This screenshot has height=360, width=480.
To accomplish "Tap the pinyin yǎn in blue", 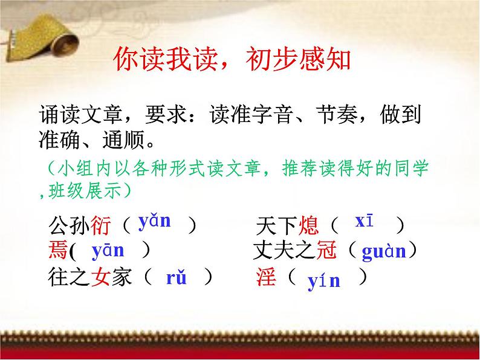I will [x=154, y=221].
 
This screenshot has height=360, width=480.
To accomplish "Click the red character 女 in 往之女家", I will [x=100, y=277].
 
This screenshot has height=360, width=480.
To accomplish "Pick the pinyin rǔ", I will [x=177, y=278].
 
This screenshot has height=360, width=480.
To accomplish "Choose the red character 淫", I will [x=267, y=277].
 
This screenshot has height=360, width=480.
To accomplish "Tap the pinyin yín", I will [x=324, y=280].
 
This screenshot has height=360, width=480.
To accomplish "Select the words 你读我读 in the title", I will [x=163, y=60].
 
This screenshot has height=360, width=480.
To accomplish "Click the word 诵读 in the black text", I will [x=59, y=114].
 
